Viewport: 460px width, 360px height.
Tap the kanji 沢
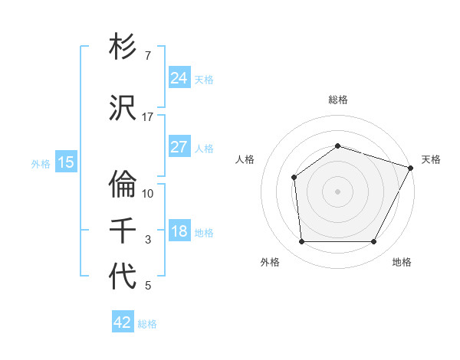point(123,108)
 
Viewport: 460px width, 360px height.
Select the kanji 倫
point(123,184)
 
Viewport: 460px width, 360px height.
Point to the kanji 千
point(123,231)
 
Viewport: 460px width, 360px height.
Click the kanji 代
point(123,277)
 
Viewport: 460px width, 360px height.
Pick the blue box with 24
point(179,77)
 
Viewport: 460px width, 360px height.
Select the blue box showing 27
point(179,147)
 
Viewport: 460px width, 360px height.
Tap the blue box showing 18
point(179,231)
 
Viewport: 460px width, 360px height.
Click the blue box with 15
point(65,162)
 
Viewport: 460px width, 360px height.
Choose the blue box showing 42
point(123,322)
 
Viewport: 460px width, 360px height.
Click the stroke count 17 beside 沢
point(147,116)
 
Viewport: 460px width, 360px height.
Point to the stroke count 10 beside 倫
point(148,193)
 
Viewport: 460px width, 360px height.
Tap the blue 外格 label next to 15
point(41,163)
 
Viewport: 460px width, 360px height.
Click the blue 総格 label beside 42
point(147,324)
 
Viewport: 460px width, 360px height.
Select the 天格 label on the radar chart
point(431,159)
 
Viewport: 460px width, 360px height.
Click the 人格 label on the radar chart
point(245,159)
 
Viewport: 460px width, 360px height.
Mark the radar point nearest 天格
point(411,168)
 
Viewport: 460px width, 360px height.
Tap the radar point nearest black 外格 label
point(301,242)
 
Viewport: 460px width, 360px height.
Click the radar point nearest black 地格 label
point(374,242)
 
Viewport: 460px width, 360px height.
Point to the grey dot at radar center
point(337,191)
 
